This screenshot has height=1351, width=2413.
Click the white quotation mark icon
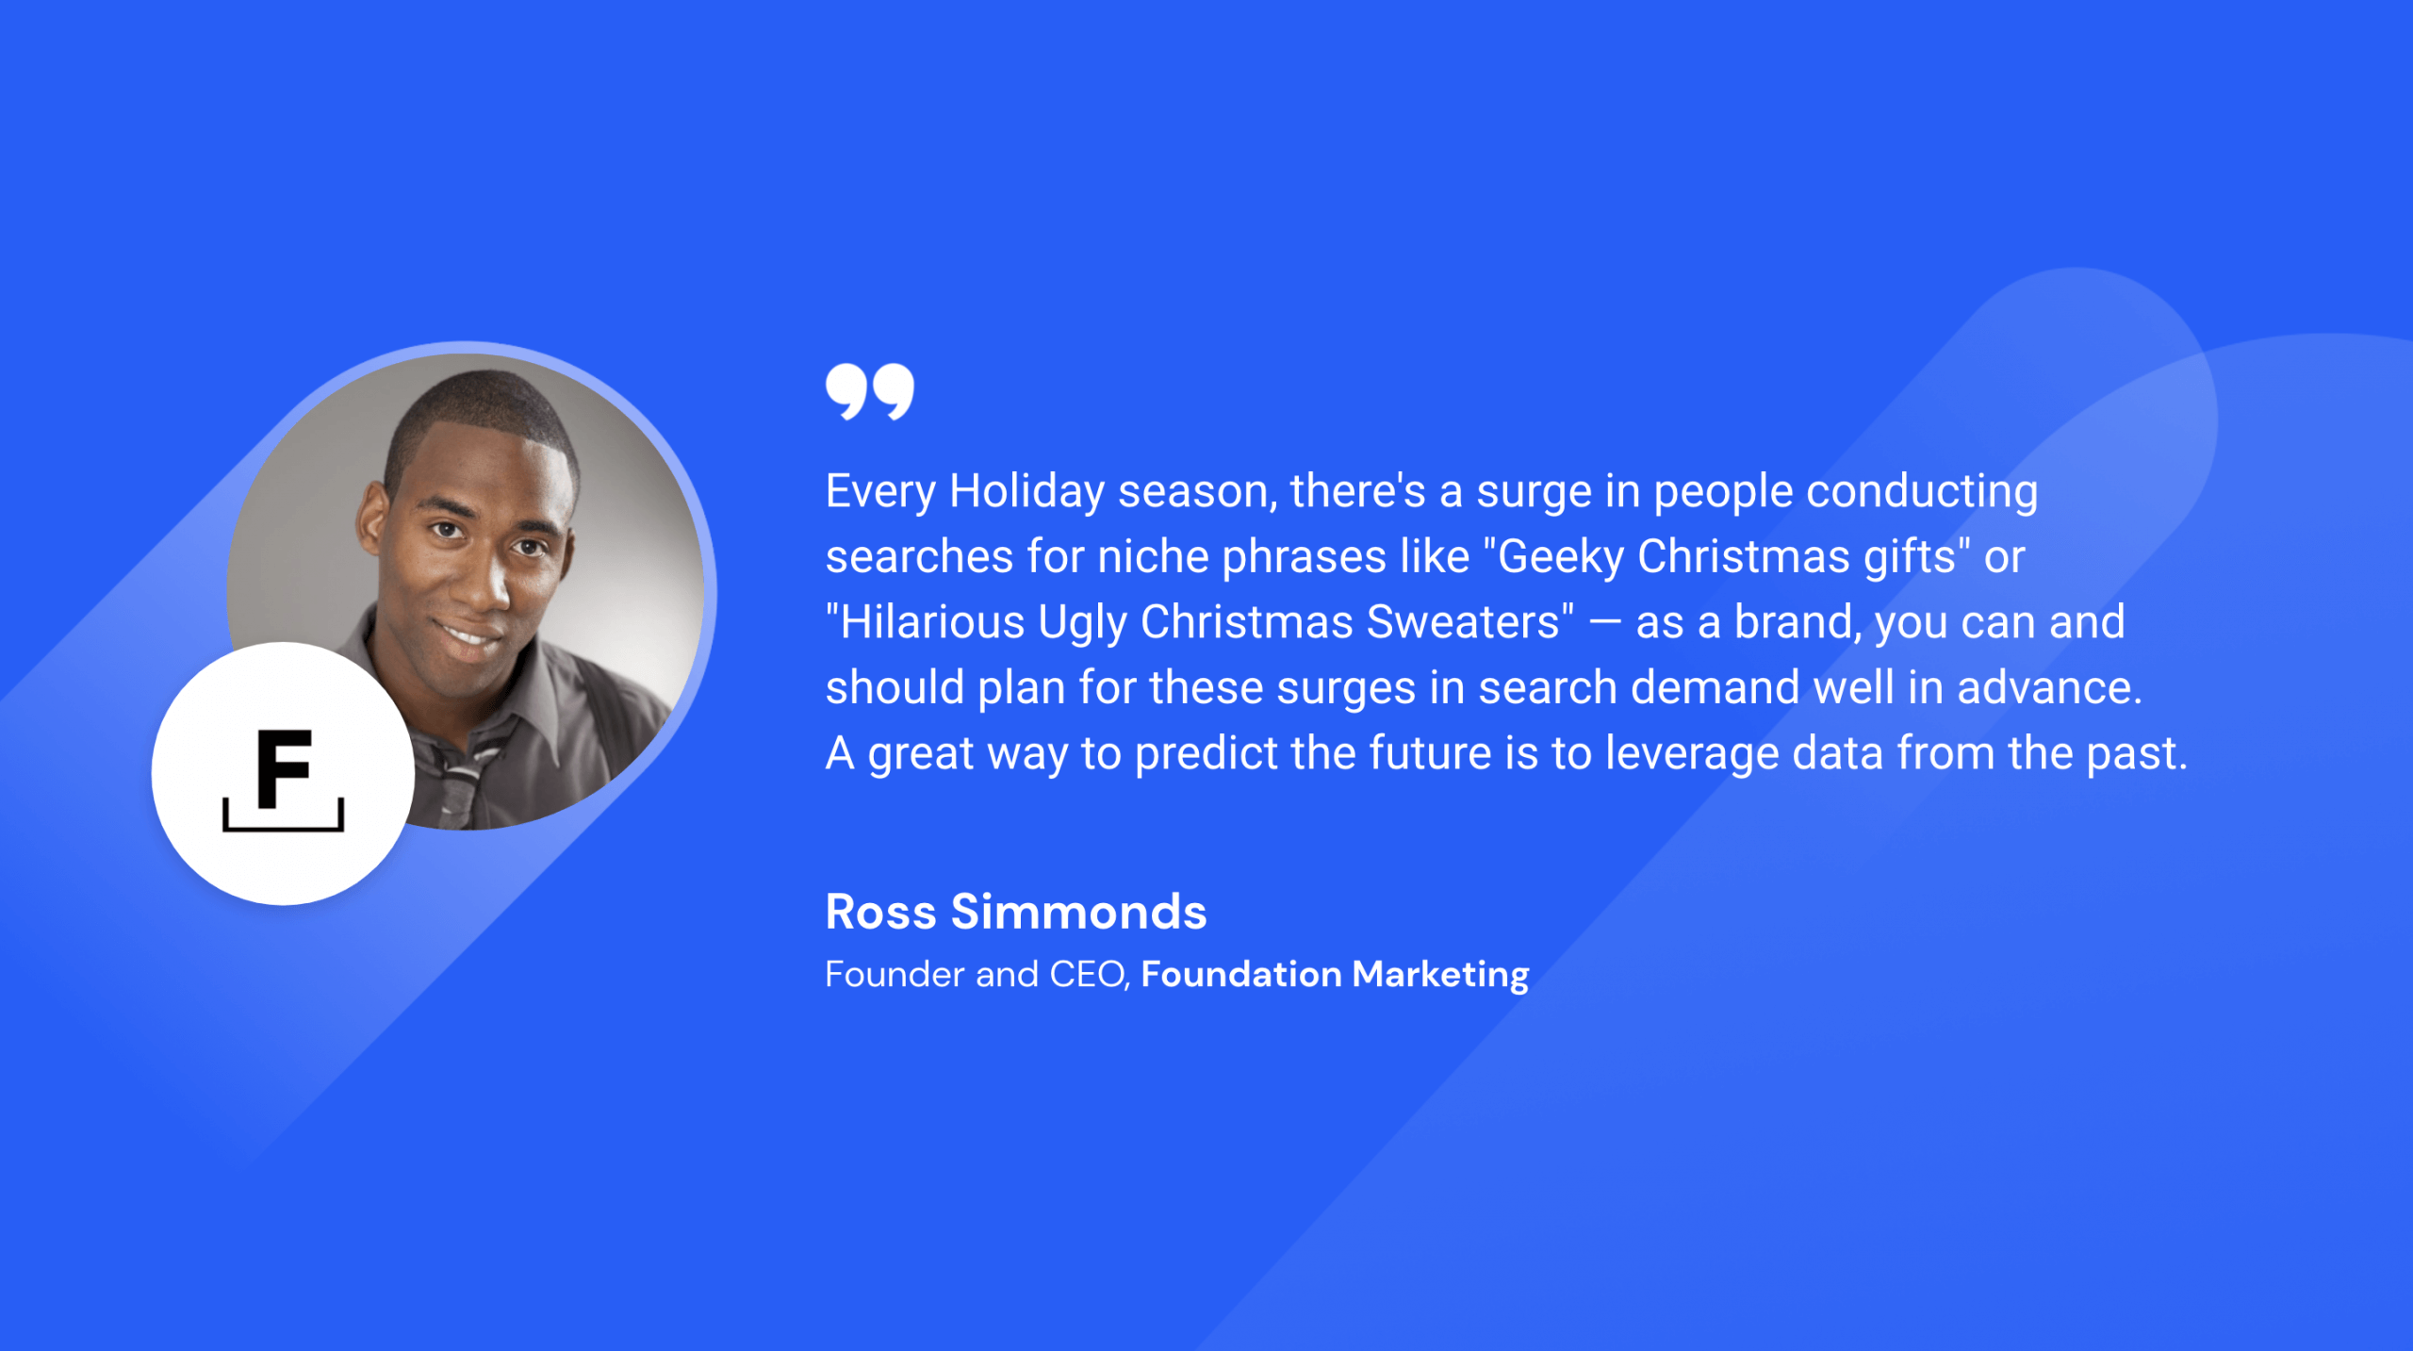tap(869, 391)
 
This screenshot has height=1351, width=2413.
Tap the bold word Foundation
tap(1240, 974)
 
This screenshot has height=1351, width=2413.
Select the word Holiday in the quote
tap(1026, 492)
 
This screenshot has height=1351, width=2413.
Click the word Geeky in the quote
tap(1560, 557)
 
